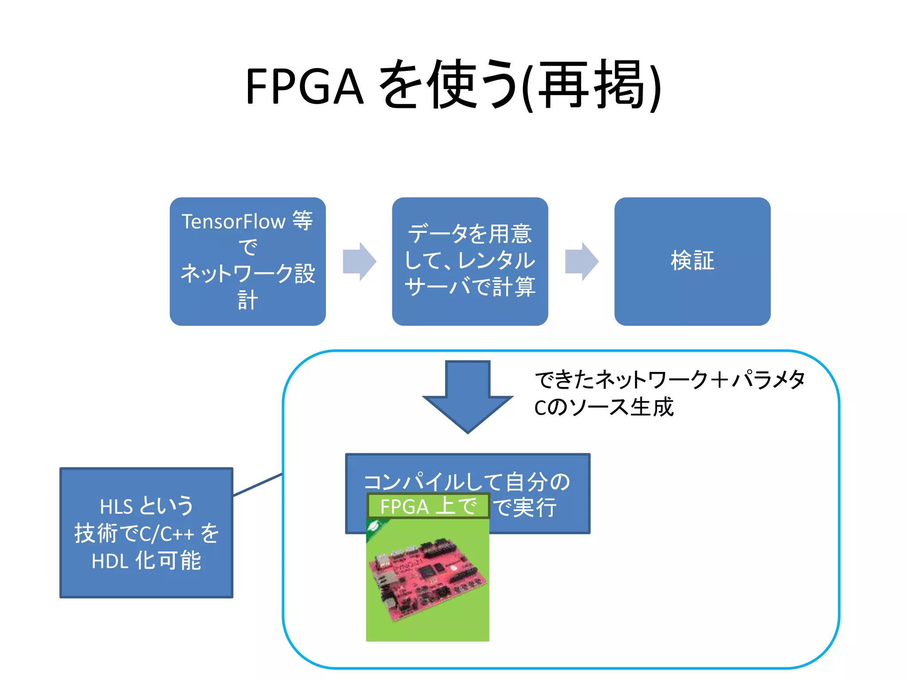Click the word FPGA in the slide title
[305, 86]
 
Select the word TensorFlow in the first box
[233, 221]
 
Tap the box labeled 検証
[692, 261]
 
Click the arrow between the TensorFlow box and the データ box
[359, 261]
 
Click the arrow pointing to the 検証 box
[581, 261]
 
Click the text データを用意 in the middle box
[469, 233]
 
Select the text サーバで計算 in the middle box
[469, 286]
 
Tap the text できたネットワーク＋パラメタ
[670, 379]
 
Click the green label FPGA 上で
[428, 506]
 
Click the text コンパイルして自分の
[467, 481]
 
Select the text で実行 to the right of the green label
[525, 507]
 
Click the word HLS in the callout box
[116, 506]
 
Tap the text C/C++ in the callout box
[167, 534]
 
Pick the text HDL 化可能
[146, 561]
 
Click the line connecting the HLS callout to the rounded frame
[258, 485]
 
